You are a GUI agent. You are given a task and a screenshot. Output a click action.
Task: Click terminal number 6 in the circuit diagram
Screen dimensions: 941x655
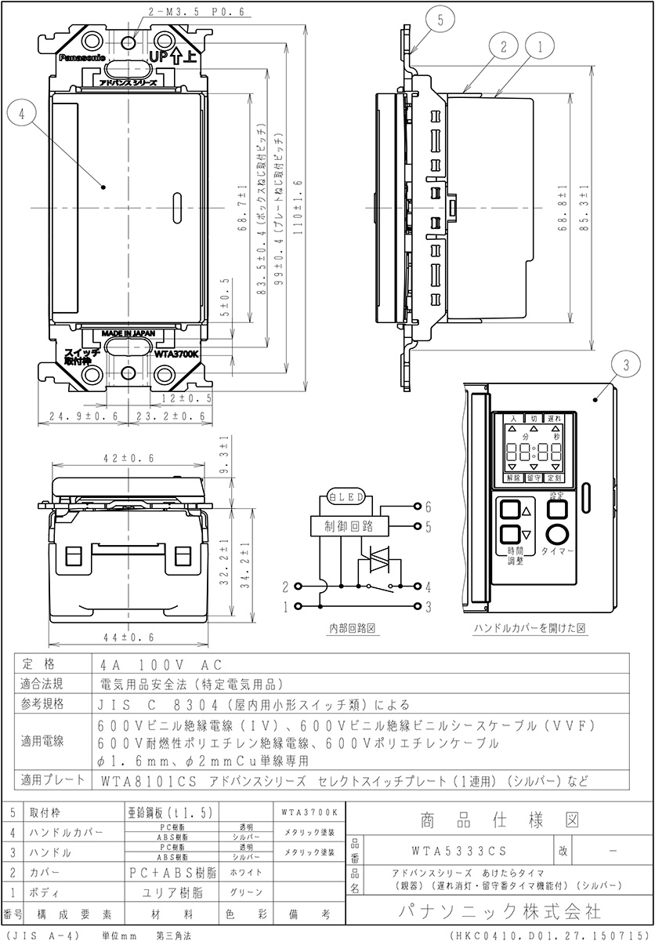pyautogui.click(x=428, y=507)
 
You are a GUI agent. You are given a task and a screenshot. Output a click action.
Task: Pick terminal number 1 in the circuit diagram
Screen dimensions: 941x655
pyautogui.click(x=287, y=606)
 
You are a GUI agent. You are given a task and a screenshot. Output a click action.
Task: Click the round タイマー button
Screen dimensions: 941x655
pyautogui.click(x=559, y=536)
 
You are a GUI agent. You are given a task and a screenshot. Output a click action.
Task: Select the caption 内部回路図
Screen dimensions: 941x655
pyautogui.click(x=355, y=628)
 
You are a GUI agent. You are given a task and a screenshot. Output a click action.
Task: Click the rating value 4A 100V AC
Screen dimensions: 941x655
pyautogui.click(x=151, y=663)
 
